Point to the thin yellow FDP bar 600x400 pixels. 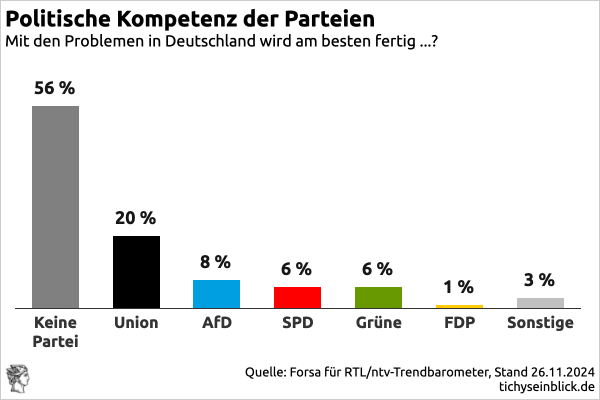pyautogui.click(x=459, y=306)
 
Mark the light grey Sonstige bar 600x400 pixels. pyautogui.click(x=540, y=302)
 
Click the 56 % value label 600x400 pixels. pyautogui.click(x=54, y=88)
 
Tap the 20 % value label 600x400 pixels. pyautogui.click(x=135, y=218)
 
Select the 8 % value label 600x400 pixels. pyautogui.click(x=215, y=261)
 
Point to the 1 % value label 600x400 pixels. pyautogui.click(x=458, y=287)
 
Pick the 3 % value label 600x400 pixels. pyautogui.click(x=539, y=280)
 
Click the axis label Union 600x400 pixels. pyautogui.click(x=136, y=322)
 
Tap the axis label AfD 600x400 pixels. pyautogui.click(x=217, y=322)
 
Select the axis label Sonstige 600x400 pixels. pyautogui.click(x=540, y=323)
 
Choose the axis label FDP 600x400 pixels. pyautogui.click(x=459, y=322)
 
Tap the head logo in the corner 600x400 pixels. pyautogui.click(x=17, y=378)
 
